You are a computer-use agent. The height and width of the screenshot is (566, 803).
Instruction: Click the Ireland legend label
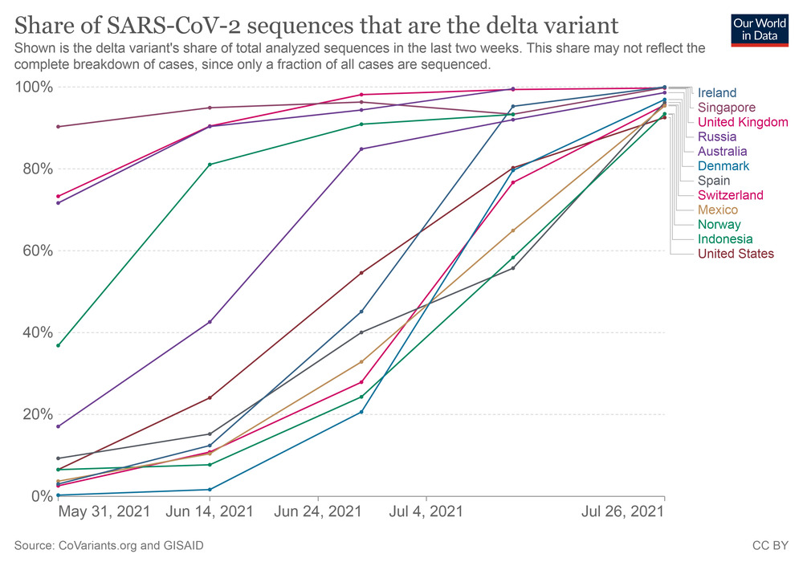click(x=717, y=92)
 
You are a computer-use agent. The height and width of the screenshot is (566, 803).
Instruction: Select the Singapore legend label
click(x=727, y=108)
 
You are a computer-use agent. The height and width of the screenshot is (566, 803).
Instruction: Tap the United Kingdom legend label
click(x=743, y=122)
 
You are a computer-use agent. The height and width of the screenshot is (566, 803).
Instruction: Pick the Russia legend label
click(x=716, y=136)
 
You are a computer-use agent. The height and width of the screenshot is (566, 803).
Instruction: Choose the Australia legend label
click(x=722, y=151)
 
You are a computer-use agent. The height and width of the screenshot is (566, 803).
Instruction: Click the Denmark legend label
click(x=724, y=166)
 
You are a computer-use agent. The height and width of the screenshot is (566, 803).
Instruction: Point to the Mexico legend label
click(x=717, y=210)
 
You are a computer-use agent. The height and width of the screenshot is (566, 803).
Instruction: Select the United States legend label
click(x=736, y=254)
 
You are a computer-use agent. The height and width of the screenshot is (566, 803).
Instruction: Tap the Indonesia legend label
click(x=725, y=239)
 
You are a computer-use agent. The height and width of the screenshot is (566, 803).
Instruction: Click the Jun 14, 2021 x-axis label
click(x=210, y=511)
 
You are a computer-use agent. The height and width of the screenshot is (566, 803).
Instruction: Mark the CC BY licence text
click(x=769, y=546)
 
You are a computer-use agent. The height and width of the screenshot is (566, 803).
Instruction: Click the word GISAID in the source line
click(x=181, y=546)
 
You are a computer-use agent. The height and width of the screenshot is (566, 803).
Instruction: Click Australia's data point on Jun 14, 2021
click(x=210, y=322)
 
